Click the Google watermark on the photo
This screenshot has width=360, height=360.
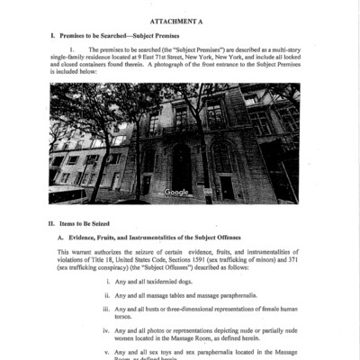coord(176,192)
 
